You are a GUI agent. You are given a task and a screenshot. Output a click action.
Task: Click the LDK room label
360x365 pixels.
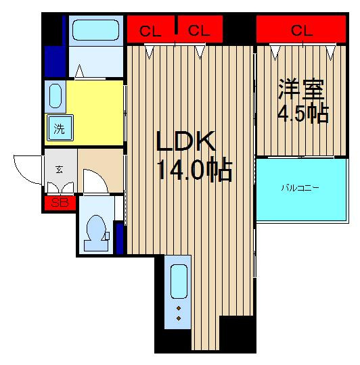[x=185, y=141]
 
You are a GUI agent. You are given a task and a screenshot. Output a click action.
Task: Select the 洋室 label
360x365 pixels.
[x=301, y=89]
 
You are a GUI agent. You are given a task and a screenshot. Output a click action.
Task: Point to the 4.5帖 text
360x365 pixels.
[x=303, y=114]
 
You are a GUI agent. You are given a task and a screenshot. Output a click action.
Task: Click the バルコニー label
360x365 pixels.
[x=300, y=188]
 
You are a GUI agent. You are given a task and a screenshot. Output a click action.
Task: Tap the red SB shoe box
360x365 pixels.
[x=60, y=203]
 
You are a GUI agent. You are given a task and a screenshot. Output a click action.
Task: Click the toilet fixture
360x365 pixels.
[x=97, y=233]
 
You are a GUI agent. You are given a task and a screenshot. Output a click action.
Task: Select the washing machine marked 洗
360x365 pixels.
[x=60, y=128]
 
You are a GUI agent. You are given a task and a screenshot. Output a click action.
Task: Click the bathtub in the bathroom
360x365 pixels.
[x=96, y=30]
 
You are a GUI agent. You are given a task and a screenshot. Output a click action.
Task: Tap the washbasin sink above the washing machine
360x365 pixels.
[x=55, y=96]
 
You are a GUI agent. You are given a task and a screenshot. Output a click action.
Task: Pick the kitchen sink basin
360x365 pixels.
[x=179, y=281]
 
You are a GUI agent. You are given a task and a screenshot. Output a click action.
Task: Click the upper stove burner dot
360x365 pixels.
[x=179, y=308]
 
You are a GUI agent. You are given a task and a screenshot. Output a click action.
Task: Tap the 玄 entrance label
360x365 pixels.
[x=59, y=170]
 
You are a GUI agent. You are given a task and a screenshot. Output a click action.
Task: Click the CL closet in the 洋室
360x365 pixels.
[x=301, y=29]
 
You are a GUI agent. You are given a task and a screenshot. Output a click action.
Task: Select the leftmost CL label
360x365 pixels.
[x=150, y=31]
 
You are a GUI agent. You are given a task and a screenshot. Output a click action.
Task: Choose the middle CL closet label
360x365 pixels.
[x=199, y=30]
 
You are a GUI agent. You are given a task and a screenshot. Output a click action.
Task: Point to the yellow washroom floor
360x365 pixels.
[x=94, y=113]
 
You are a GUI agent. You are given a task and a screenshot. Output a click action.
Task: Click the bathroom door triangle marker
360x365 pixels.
[x=79, y=71]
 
